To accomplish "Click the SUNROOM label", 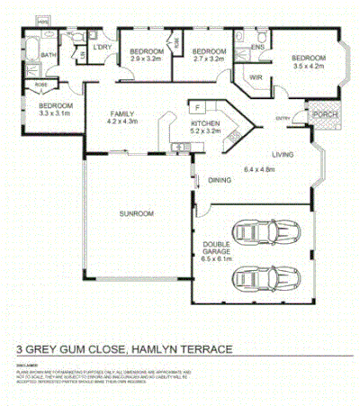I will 138,213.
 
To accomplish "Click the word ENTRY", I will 283,118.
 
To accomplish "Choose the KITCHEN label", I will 205,123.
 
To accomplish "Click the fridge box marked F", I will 195,105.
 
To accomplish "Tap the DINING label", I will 220,179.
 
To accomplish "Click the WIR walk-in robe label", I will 255,77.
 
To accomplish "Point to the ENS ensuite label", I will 257,46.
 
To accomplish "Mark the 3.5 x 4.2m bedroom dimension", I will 308,67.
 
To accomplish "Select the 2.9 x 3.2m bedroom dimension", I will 145,59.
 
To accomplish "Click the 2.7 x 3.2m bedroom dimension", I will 209,59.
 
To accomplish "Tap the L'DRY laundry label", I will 102,46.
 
